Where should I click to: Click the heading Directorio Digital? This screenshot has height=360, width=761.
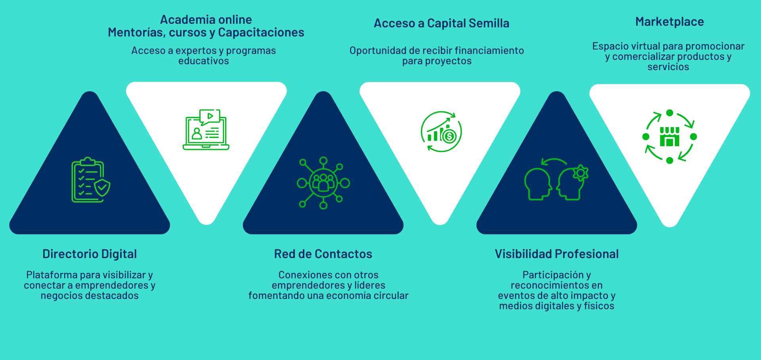90,254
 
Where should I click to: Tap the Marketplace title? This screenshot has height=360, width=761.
669,22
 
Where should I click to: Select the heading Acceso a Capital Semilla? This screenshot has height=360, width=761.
442,23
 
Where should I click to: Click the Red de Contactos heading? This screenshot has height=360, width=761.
323,254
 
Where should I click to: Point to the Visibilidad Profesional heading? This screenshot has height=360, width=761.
556,254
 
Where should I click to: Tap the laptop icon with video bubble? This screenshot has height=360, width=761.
206,130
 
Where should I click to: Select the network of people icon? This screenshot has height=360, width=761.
323,183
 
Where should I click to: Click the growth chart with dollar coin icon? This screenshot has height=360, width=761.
441,132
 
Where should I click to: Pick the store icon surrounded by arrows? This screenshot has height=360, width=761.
669,137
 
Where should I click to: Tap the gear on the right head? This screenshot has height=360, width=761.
581,172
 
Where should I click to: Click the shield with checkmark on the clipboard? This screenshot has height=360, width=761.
102,187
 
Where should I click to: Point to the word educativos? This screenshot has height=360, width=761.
203,61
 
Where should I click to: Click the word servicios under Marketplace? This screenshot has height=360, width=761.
668,67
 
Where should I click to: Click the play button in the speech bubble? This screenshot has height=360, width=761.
210,116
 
